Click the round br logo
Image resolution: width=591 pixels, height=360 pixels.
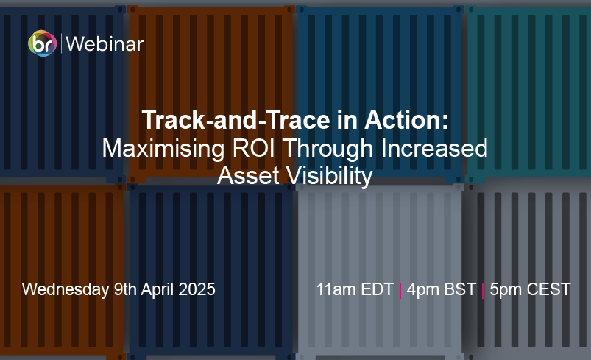pyautogui.click(x=42, y=43)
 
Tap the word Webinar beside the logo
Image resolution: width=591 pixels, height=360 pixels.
pyautogui.click(x=105, y=44)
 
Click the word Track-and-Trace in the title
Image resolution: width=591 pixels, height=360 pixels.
pyautogui.click(x=236, y=120)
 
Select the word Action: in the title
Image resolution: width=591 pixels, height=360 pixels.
pyautogui.click(x=406, y=120)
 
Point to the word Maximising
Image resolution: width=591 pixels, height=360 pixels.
pyautogui.click(x=163, y=149)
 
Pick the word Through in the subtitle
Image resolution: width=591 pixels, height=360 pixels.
pyautogui.click(x=328, y=149)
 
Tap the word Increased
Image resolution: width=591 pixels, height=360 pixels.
pyautogui.click(x=434, y=148)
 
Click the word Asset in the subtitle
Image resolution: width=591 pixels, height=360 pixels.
pyautogui.click(x=247, y=175)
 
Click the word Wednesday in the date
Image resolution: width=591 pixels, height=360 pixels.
pyautogui.click(x=66, y=289)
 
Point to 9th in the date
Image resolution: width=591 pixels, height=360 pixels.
pyautogui.click(x=125, y=289)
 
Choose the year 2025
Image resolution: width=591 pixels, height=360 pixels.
pyautogui.click(x=197, y=289)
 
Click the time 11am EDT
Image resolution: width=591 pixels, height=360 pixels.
pyautogui.click(x=355, y=289)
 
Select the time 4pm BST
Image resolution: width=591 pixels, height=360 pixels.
pyautogui.click(x=442, y=290)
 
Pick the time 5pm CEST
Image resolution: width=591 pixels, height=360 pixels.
pyautogui.click(x=530, y=290)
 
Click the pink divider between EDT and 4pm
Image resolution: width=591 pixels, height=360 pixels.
pyautogui.click(x=400, y=290)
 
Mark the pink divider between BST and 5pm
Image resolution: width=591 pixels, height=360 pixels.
pyautogui.click(x=483, y=290)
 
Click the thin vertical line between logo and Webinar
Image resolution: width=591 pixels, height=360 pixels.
pyautogui.click(x=61, y=43)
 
